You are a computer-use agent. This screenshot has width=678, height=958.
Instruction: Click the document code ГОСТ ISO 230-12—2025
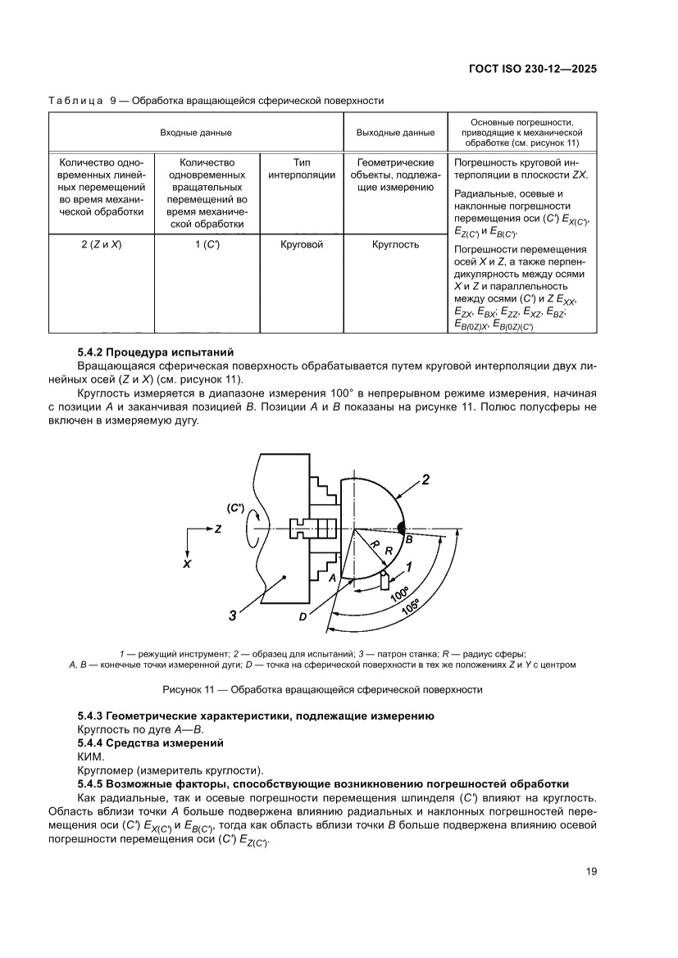coord(538,70)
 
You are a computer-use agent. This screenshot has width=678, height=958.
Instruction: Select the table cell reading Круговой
coord(302,244)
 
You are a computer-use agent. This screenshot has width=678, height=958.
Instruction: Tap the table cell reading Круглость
coord(395,244)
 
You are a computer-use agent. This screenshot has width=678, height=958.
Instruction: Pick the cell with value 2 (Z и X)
coord(102,244)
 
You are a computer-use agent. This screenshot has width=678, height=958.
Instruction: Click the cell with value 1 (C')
coord(207,244)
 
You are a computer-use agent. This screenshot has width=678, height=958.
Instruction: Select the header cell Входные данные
coord(195,132)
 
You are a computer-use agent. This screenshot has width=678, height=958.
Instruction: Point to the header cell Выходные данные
coord(395,132)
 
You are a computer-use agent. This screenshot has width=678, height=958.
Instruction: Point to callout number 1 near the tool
coord(408,565)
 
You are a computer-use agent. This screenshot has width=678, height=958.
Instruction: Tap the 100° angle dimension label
coord(399,593)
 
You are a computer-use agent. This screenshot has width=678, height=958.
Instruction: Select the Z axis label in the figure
coord(219,530)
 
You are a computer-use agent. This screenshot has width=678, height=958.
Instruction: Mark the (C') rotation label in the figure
coord(235,508)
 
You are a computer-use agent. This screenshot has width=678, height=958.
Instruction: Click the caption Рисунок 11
coord(323,689)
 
